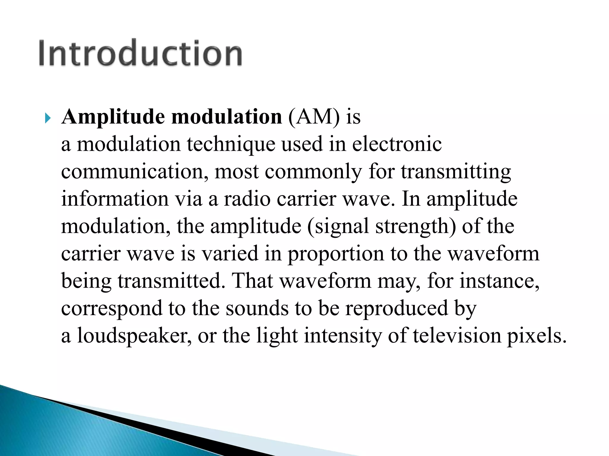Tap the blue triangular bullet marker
coord(48,118)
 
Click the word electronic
coord(397,144)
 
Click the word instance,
coord(500,281)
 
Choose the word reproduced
coord(396,308)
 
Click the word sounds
coord(257,308)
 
